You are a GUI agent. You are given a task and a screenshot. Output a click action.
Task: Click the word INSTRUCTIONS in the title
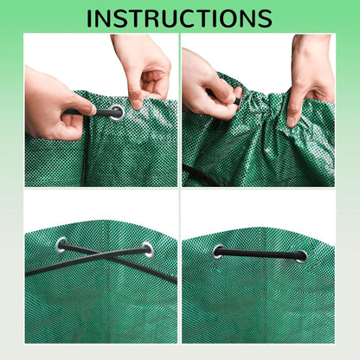tap(180, 17)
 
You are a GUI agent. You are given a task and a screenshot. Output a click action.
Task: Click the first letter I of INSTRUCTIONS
tap(91, 17)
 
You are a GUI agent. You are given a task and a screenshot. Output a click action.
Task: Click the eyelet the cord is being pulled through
tap(115, 112)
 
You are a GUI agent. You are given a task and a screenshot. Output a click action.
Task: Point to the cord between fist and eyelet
tap(93, 112)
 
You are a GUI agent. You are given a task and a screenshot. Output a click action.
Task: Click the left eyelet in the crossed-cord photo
tap(61, 244)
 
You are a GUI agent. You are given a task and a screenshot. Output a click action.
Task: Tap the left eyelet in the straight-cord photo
tap(218, 252)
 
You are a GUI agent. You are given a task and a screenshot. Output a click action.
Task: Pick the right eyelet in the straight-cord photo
tap(299, 255)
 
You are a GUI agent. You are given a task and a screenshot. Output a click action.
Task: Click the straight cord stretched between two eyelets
tap(259, 254)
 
